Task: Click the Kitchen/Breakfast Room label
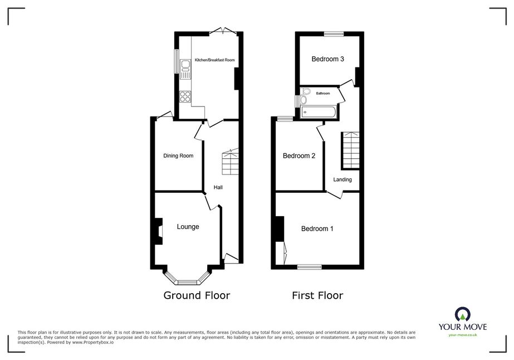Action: coord(215,60)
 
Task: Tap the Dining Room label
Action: coord(178,156)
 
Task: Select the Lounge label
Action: coord(188,227)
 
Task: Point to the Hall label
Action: coord(218,187)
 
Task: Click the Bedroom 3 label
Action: coord(327,59)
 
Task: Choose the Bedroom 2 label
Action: coord(299,156)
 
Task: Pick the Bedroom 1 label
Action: coord(317,228)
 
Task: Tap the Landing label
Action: coord(342,179)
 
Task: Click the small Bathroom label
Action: coord(323,94)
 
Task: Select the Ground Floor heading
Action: coord(197,295)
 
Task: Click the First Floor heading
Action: coord(317,295)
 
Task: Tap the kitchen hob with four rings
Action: coord(185,96)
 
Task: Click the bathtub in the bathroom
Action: coord(319,112)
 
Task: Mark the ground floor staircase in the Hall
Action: coord(231,162)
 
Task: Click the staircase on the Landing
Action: coord(351,150)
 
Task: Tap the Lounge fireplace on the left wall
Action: coord(159,231)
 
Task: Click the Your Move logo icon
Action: coord(463,314)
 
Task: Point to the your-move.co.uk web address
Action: coord(463,335)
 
